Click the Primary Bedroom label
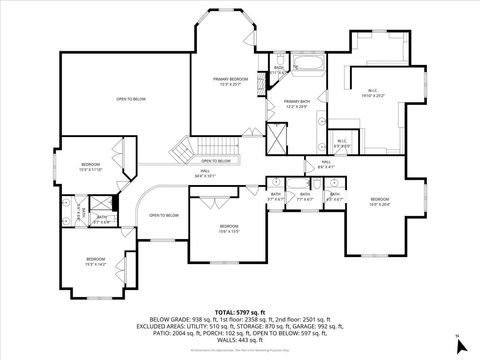point(230,80)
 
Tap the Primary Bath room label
point(296,104)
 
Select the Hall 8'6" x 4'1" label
point(326,164)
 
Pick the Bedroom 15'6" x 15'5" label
point(229,229)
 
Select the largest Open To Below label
point(131,99)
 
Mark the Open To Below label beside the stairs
point(217,161)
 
